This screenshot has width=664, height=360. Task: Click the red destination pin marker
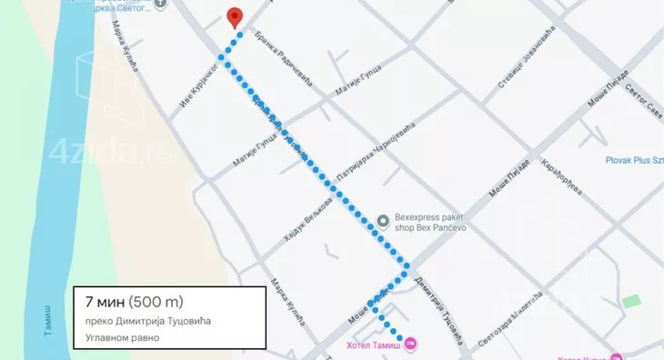click(235, 17)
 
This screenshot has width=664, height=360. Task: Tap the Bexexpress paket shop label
click(428, 224)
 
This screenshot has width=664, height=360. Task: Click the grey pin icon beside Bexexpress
click(383, 219)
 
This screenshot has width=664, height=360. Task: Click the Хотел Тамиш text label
click(373, 345)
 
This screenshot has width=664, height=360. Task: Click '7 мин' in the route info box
click(104, 301)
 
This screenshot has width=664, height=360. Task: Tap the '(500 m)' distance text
click(160, 301)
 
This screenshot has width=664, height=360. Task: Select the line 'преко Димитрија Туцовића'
click(152, 320)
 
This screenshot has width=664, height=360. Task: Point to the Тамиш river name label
click(48, 318)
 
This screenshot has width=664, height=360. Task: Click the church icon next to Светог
click(161, 4)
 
